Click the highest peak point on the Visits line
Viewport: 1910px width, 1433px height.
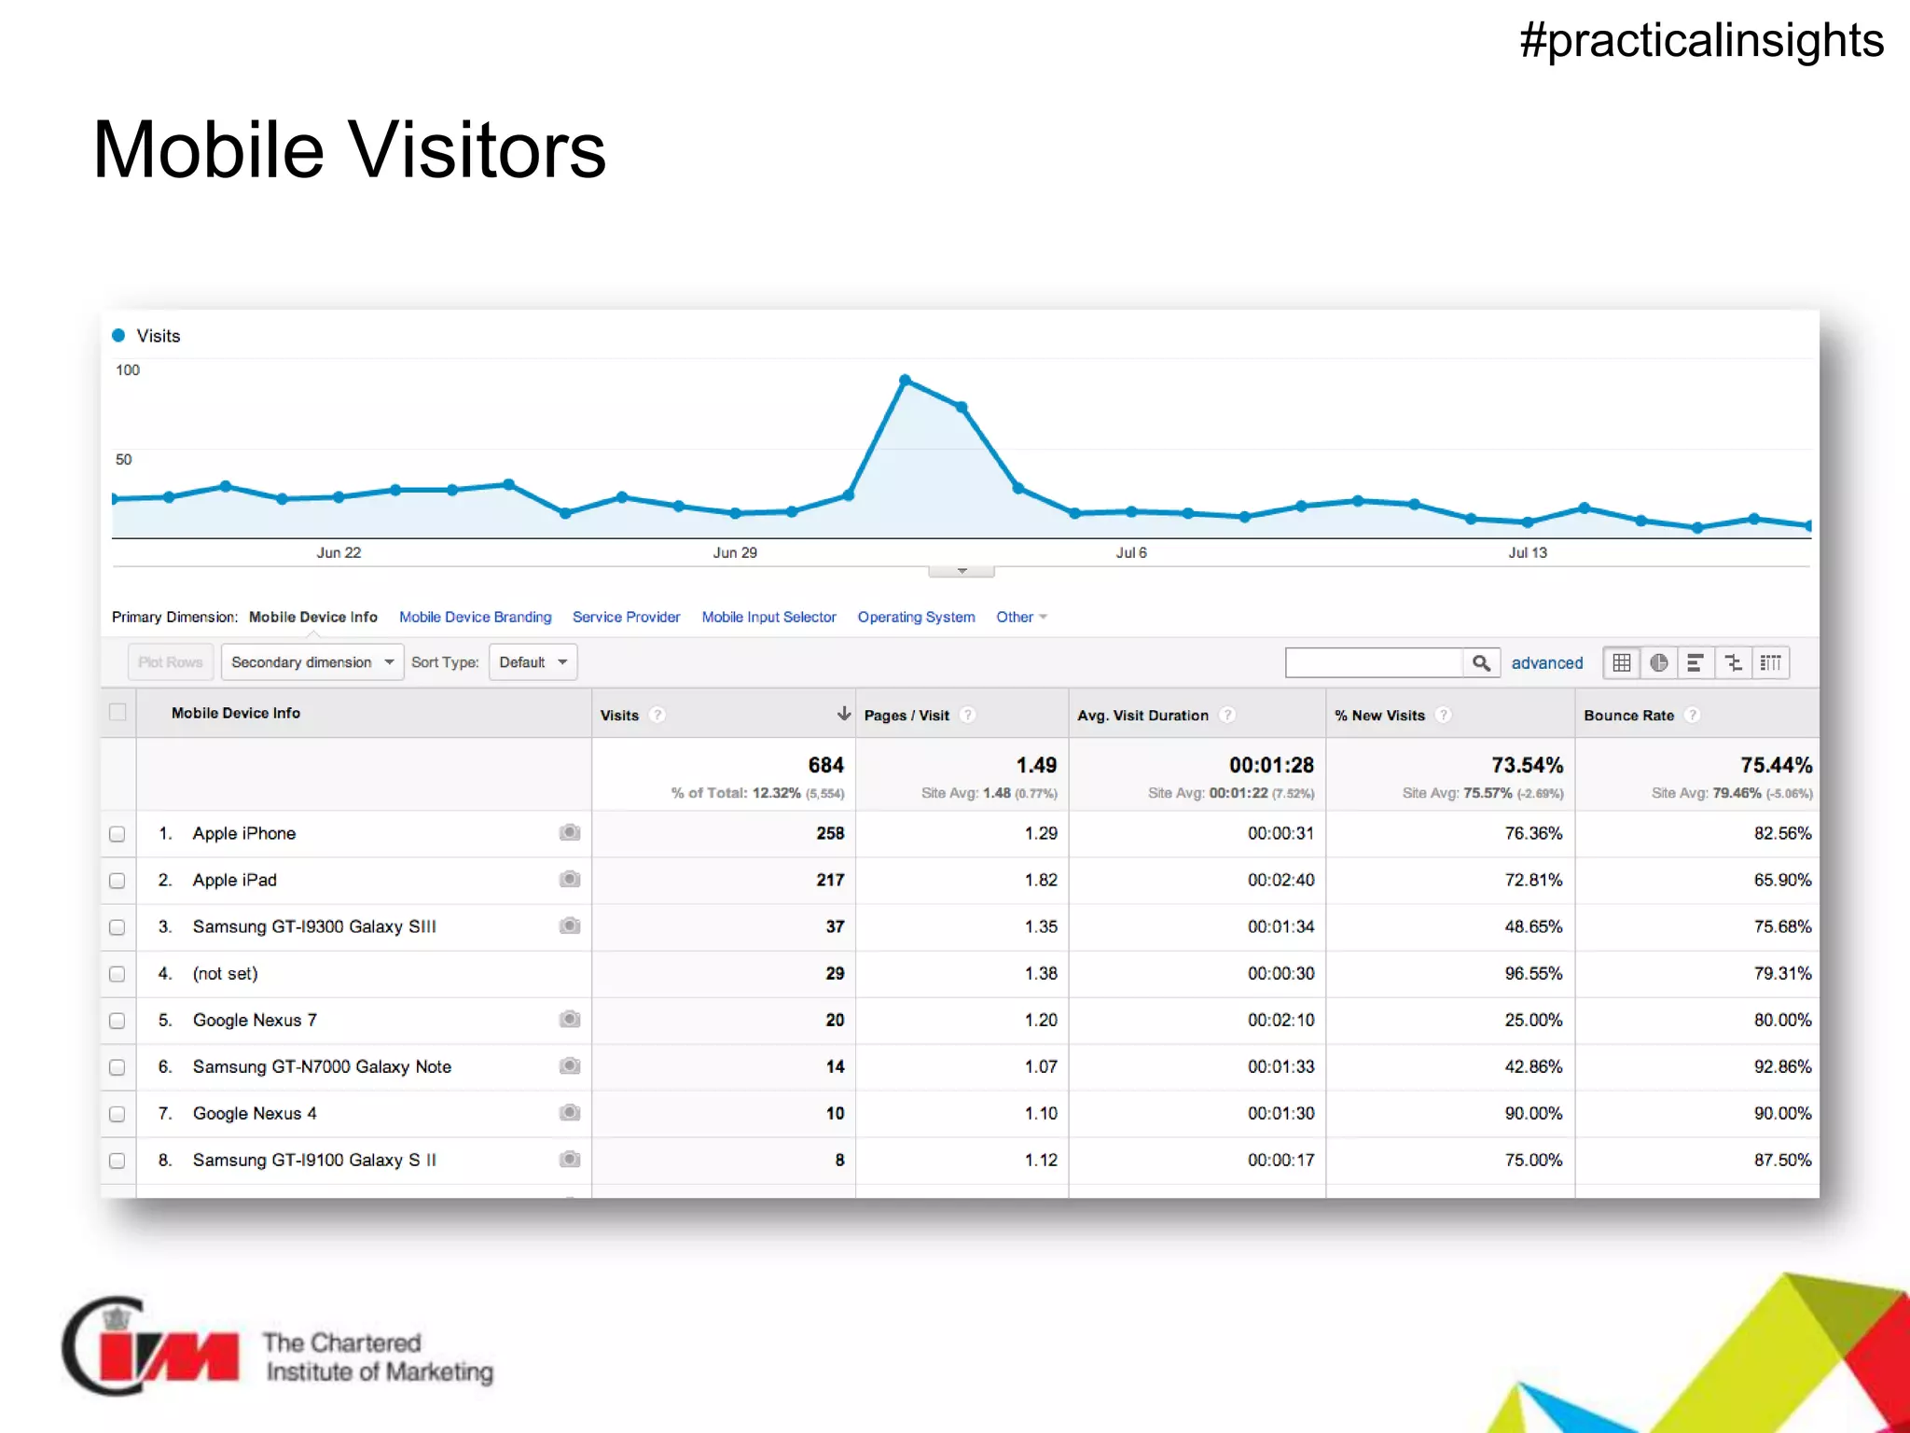[x=905, y=380]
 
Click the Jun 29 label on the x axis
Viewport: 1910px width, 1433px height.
[x=735, y=552]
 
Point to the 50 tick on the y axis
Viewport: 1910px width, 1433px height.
[x=124, y=459]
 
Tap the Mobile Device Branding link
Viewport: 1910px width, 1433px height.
[x=475, y=617]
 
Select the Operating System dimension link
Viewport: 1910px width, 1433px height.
[x=916, y=617]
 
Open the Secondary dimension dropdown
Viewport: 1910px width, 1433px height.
[x=311, y=662]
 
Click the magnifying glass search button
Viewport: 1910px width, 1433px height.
[x=1481, y=663]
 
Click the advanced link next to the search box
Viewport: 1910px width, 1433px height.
[x=1546, y=663]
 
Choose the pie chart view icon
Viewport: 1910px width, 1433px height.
[x=1658, y=663]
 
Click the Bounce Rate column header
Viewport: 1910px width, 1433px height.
[x=1628, y=716]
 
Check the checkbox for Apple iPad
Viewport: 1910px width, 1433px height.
[x=118, y=881]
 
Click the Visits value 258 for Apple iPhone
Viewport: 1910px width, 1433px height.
[x=829, y=833]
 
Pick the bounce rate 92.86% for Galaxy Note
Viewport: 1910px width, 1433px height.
[x=1781, y=1066]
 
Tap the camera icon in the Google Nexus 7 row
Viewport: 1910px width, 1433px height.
[x=570, y=1020]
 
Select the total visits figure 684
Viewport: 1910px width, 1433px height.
[x=825, y=765]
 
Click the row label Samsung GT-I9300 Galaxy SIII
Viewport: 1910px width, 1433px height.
[x=314, y=926]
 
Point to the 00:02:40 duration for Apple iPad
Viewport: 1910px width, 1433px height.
[x=1280, y=880]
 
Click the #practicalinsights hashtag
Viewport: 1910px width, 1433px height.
[x=1701, y=41]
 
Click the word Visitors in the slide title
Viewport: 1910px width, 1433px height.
[x=477, y=150]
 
